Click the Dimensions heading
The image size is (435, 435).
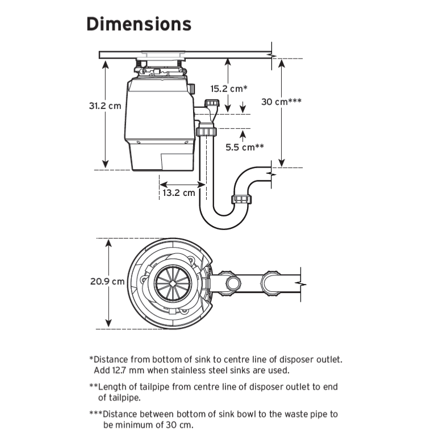click(x=139, y=24)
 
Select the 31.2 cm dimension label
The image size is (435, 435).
click(x=105, y=106)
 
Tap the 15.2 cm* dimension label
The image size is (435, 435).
click(x=227, y=89)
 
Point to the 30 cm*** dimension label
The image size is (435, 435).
click(x=281, y=102)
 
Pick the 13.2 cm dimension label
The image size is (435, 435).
click(x=178, y=193)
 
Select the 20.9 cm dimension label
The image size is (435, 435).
click(x=106, y=281)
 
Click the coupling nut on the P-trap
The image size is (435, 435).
click(x=243, y=199)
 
